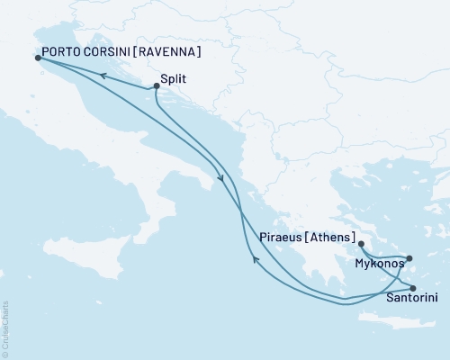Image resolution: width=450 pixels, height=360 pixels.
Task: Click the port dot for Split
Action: pos(157,86)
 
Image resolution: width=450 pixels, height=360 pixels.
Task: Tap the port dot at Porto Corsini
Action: pos(37,58)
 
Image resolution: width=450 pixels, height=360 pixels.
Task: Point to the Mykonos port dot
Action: pos(409,258)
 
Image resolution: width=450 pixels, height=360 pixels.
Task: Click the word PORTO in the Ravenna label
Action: pos(62,51)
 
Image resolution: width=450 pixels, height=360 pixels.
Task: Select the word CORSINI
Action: pos(111,51)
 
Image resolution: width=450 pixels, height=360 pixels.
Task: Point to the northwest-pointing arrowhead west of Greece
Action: pos(255,261)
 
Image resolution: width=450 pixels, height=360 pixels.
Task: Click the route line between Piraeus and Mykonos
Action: pos(378,260)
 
